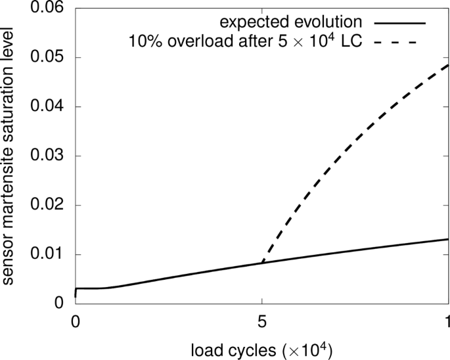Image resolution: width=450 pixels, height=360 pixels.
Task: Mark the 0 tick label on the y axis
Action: (60, 304)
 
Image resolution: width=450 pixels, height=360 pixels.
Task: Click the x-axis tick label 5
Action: (262, 323)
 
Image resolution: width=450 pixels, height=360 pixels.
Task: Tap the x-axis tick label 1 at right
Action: (447, 323)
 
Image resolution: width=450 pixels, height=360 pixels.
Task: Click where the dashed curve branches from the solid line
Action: (262, 263)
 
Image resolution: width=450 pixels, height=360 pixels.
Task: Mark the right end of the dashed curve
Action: (448, 64)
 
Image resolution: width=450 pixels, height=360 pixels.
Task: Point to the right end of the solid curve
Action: (448, 239)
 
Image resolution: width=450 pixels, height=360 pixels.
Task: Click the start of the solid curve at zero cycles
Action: (76, 296)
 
